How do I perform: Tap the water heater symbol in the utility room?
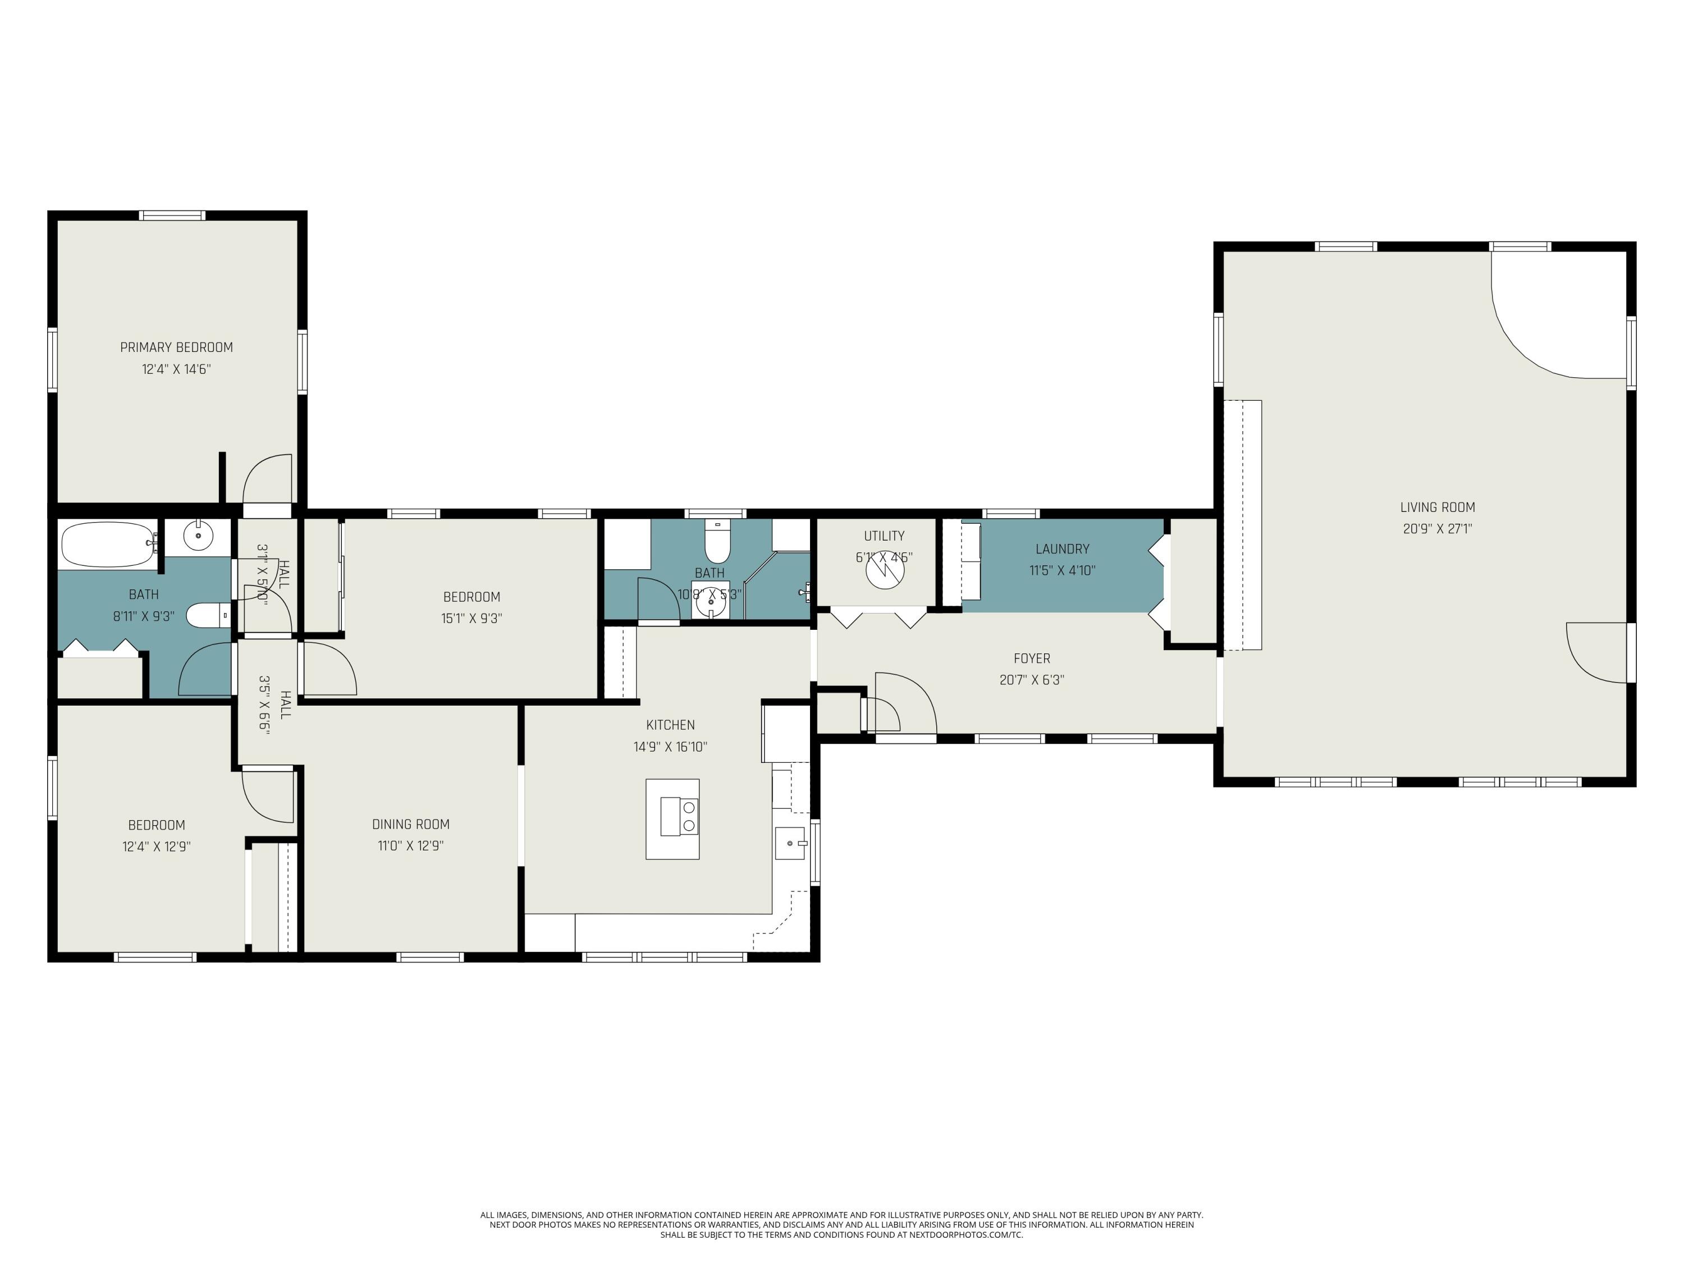coord(885,569)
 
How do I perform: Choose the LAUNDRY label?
coord(1061,548)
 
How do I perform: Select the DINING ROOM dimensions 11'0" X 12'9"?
coord(410,845)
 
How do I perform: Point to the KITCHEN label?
coord(670,725)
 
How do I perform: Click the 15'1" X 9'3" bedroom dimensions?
coord(472,618)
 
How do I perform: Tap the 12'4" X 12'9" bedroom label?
coord(156,825)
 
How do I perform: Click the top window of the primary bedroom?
coord(172,216)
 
